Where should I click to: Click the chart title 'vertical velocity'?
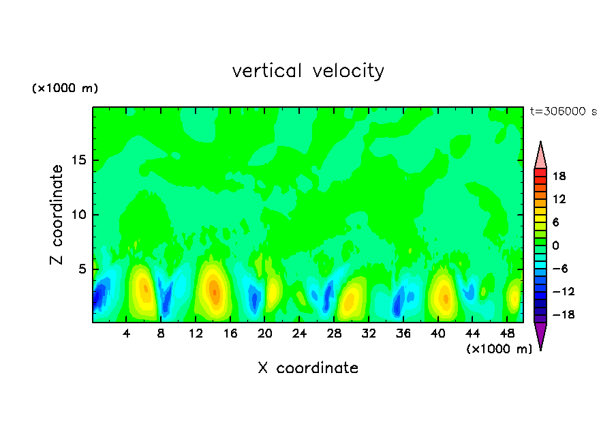[308, 71]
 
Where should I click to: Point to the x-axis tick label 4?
[127, 333]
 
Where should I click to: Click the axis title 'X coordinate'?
[308, 368]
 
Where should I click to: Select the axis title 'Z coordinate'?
[58, 215]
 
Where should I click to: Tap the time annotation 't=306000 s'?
[563, 111]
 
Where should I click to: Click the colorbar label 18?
[559, 176]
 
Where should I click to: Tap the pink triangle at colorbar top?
[540, 155]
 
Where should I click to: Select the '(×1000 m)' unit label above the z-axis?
[65, 89]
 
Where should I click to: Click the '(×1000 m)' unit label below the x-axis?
[499, 349]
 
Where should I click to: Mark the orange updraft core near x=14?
[213, 288]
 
